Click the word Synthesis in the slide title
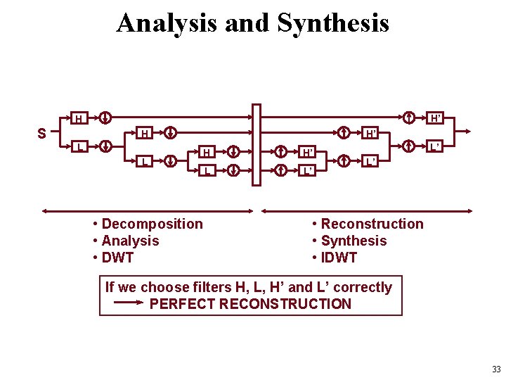(333, 23)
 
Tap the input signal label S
(42, 133)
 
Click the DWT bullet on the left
(117, 258)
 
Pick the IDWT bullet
(339, 258)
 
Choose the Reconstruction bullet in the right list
(372, 224)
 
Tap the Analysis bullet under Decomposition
(130, 241)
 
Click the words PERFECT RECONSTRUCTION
(250, 304)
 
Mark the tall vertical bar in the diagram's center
(257, 145)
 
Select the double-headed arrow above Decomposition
(147, 210)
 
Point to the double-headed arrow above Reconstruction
(367, 210)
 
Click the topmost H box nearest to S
(79, 118)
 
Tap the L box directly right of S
(79, 147)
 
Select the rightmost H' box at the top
(436, 118)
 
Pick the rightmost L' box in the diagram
(436, 147)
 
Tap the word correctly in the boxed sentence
(363, 287)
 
